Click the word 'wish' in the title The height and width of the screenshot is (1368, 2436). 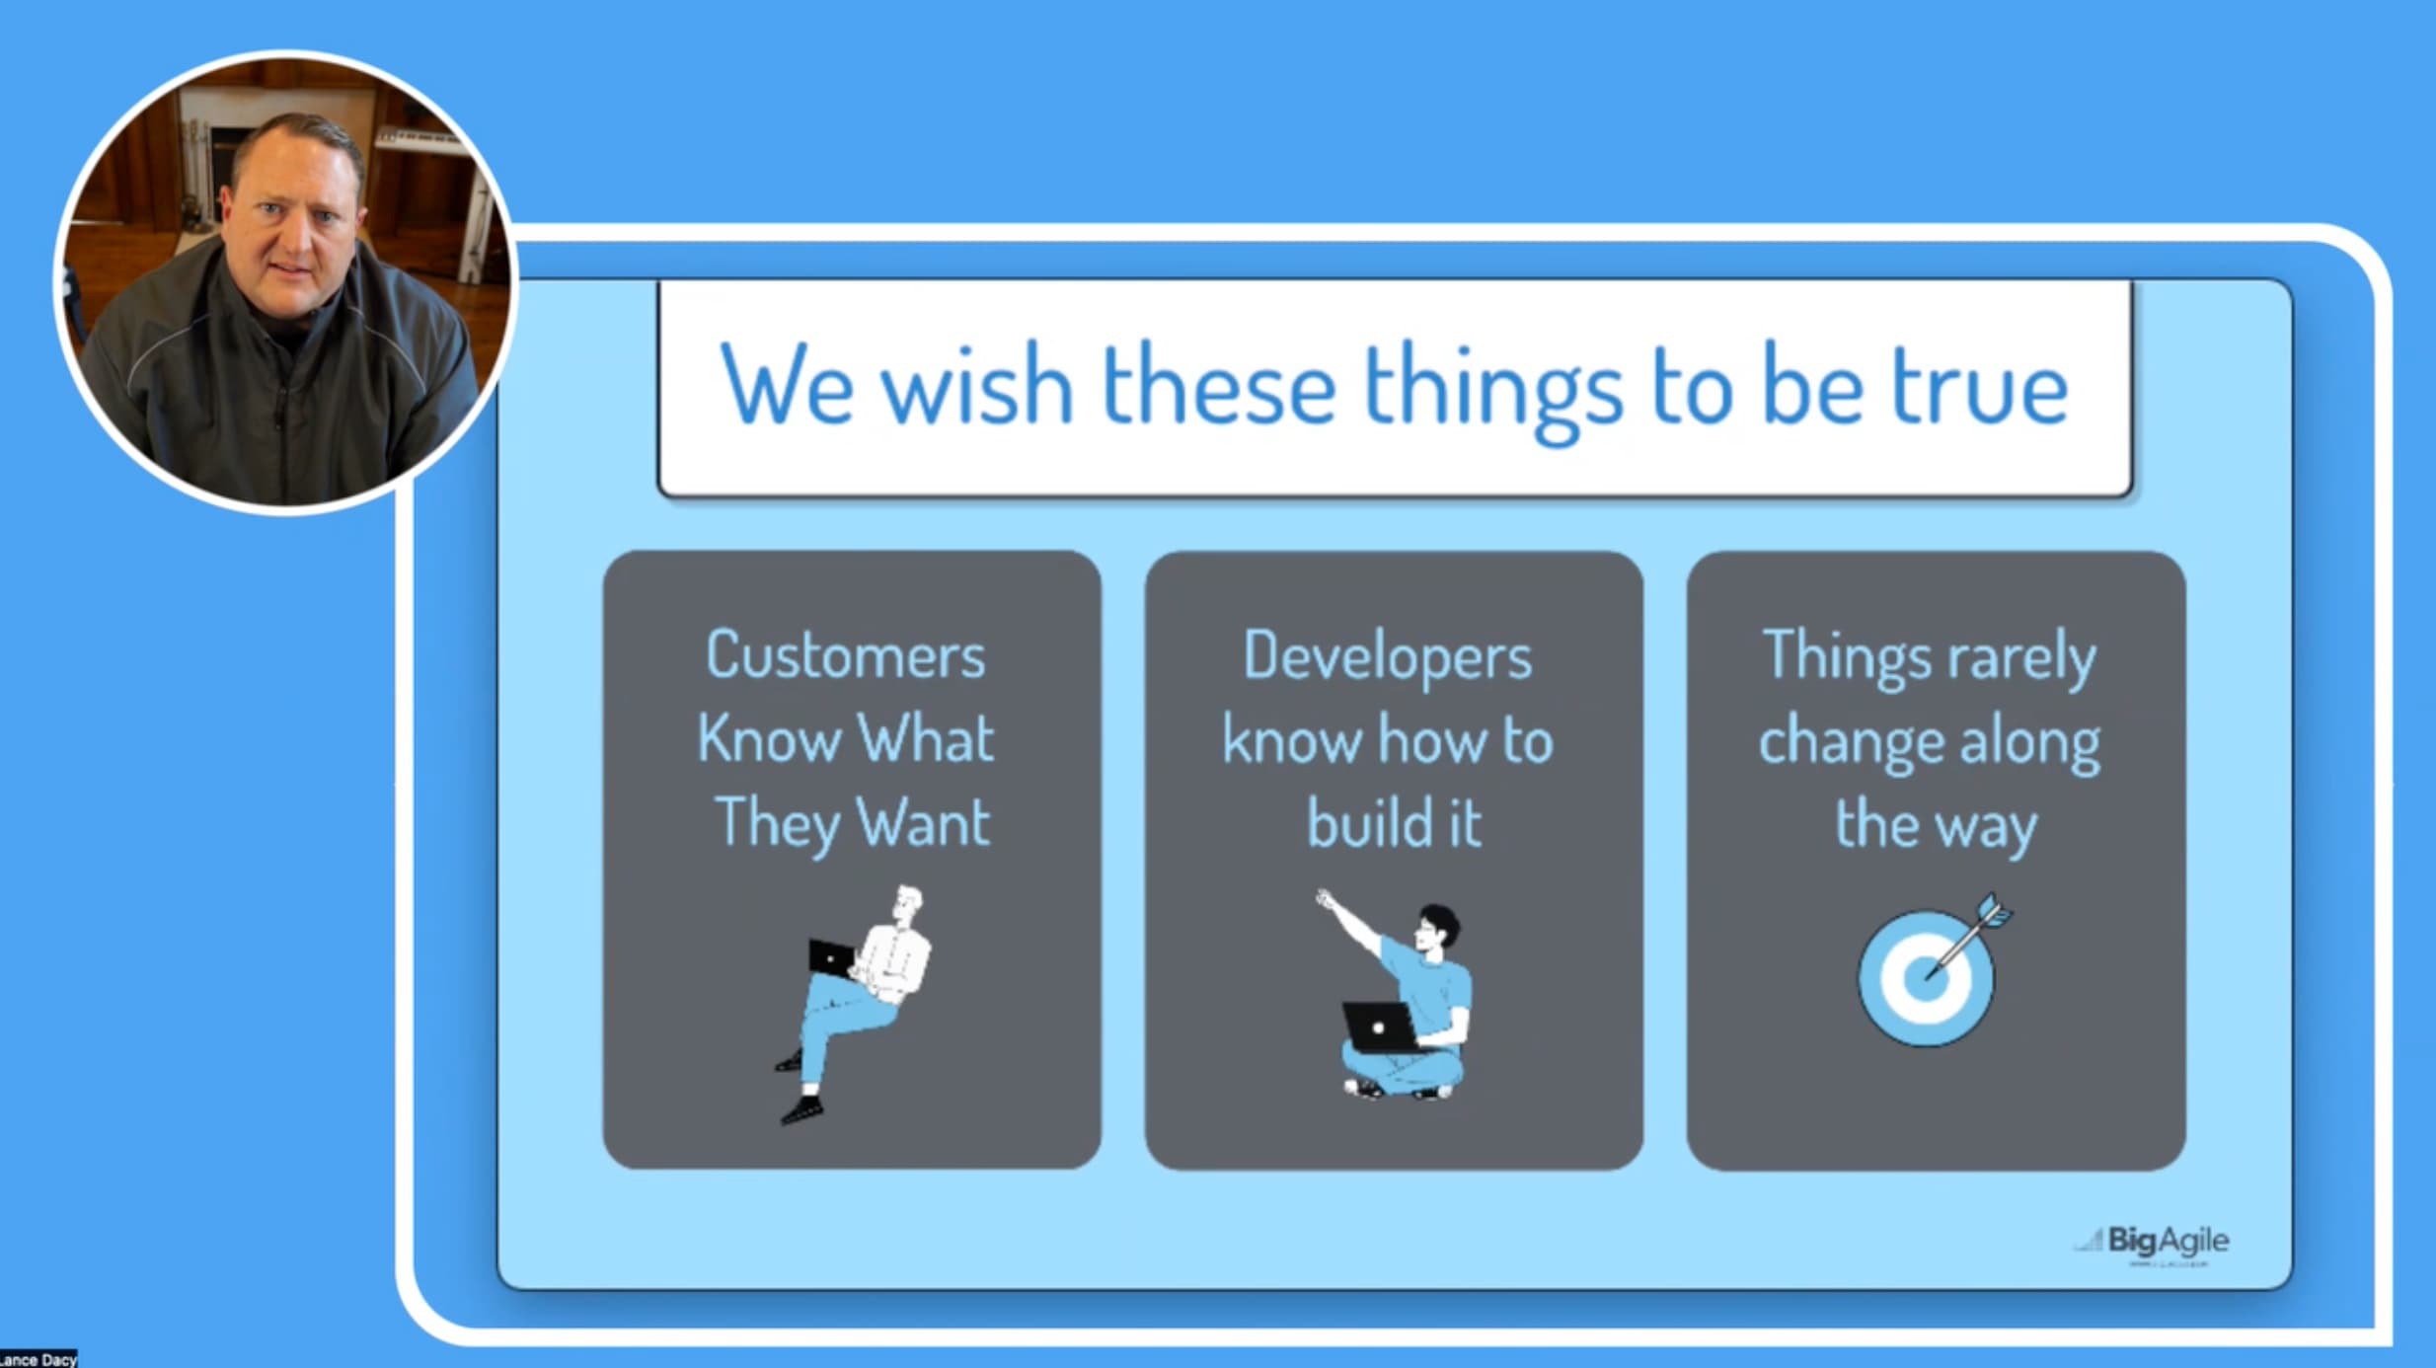(x=977, y=387)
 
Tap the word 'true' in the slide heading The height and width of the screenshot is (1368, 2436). (x=1979, y=387)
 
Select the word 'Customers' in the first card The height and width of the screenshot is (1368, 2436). (x=846, y=655)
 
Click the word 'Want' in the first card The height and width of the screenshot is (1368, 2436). (x=923, y=823)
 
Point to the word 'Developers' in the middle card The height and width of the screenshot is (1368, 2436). (x=1387, y=657)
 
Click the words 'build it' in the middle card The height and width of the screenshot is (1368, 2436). (x=1394, y=823)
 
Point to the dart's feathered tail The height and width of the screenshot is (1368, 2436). (x=1993, y=910)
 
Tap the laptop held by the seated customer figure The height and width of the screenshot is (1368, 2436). (x=831, y=957)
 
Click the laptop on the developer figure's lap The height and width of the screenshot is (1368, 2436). (x=1378, y=1027)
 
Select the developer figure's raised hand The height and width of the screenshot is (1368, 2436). (x=1326, y=899)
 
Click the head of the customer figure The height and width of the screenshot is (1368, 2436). (x=908, y=902)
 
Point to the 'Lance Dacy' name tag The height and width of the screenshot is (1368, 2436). (x=38, y=1359)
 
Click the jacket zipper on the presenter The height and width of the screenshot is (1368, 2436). (x=282, y=415)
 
